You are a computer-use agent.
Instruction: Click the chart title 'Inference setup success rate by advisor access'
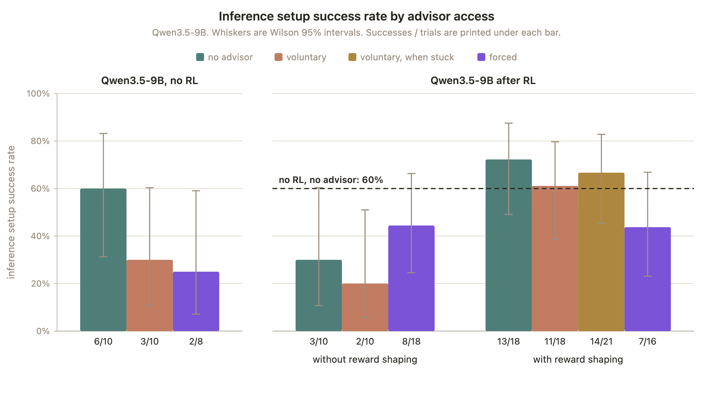pyautogui.click(x=356, y=16)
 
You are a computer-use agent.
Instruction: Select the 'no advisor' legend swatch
pyautogui.click(x=200, y=57)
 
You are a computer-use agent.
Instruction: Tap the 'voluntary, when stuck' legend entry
pyautogui.click(x=401, y=57)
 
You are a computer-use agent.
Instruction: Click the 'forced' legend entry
pyautogui.click(x=497, y=57)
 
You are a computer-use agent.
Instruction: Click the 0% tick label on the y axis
pyautogui.click(x=43, y=331)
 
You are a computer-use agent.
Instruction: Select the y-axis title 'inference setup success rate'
pyautogui.click(x=11, y=212)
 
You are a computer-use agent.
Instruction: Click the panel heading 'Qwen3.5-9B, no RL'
pyautogui.click(x=149, y=80)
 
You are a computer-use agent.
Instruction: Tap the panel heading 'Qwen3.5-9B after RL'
pyautogui.click(x=483, y=80)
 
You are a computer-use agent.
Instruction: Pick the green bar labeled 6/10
pyautogui.click(x=103, y=260)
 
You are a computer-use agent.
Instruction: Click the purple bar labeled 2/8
pyautogui.click(x=196, y=301)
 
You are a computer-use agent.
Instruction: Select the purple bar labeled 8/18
pyautogui.click(x=411, y=278)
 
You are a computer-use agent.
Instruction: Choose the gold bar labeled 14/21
pyautogui.click(x=601, y=252)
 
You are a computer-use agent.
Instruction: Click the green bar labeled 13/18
pyautogui.click(x=509, y=245)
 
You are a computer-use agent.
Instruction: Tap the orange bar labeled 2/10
pyautogui.click(x=365, y=307)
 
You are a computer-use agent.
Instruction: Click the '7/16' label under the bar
pyautogui.click(x=648, y=342)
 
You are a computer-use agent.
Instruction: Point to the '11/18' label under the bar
pyautogui.click(x=555, y=342)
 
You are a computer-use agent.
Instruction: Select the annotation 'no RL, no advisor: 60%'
pyautogui.click(x=331, y=180)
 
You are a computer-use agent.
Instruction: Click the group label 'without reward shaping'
pyautogui.click(x=365, y=359)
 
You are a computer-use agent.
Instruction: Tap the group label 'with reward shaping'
pyautogui.click(x=578, y=359)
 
